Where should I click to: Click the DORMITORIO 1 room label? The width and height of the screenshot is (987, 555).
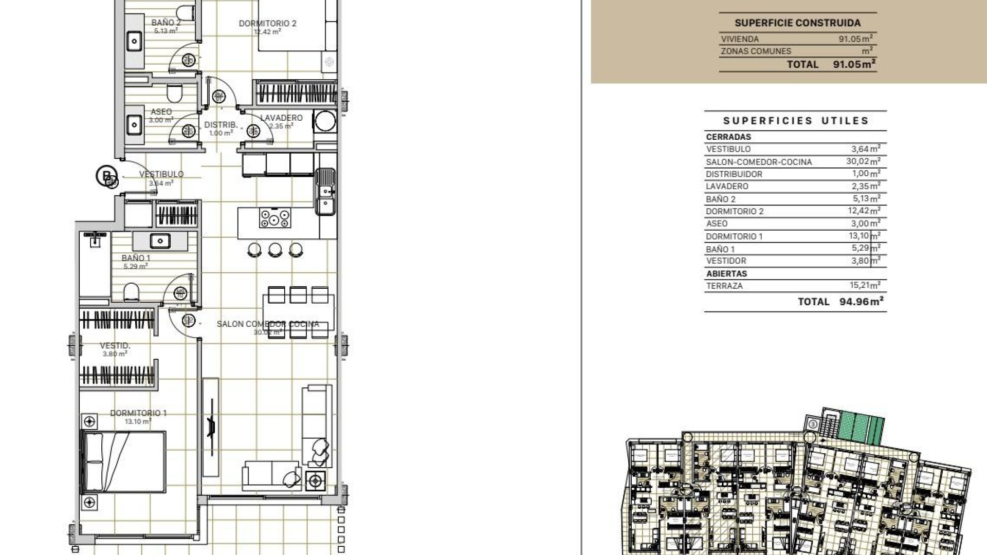click(138, 413)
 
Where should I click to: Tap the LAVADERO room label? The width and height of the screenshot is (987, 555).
click(281, 118)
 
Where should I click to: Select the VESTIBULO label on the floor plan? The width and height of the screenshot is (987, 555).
click(161, 174)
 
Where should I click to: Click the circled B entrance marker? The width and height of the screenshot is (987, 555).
click(106, 176)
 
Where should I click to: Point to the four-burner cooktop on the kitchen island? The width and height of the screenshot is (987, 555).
click(275, 218)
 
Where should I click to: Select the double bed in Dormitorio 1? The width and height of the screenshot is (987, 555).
click(123, 461)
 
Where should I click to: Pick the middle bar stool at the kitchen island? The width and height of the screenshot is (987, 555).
click(275, 250)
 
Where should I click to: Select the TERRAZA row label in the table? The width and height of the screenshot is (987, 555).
click(724, 286)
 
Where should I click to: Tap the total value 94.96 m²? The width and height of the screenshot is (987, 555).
click(861, 302)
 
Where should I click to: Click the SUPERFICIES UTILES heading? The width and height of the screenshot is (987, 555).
click(796, 121)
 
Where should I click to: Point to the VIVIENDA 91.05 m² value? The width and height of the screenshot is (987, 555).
click(855, 39)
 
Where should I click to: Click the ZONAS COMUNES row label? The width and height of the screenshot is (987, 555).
click(756, 51)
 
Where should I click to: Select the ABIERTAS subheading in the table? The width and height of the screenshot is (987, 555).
click(726, 274)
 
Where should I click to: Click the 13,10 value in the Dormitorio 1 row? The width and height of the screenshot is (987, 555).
click(858, 236)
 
